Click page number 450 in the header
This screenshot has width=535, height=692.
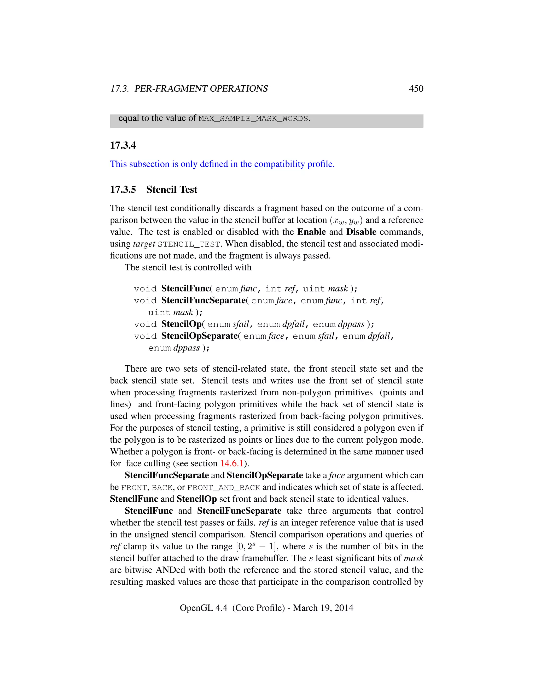(416, 89)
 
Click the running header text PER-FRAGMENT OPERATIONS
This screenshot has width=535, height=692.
(201, 89)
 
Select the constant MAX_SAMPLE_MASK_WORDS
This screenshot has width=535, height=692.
(253, 119)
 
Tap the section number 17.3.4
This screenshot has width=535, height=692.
(123, 145)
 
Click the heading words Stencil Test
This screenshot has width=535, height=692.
(172, 190)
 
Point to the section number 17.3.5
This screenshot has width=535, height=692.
(123, 190)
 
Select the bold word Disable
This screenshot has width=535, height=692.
(361, 232)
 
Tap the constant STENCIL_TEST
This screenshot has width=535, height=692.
(189, 244)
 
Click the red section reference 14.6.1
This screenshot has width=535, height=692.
(232, 463)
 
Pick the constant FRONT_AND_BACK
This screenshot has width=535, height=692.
(223, 487)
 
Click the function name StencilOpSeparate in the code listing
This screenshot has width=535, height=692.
(199, 336)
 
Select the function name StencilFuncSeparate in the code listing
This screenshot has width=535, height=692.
(203, 300)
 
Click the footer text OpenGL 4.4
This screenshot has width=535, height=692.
(203, 607)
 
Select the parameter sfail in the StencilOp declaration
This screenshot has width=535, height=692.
(241, 324)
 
